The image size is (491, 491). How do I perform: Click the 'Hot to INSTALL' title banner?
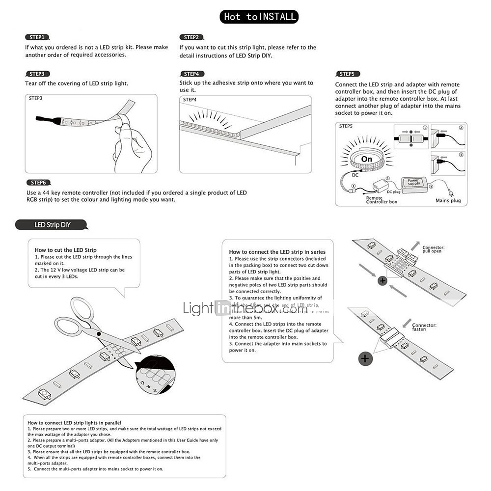coord(259,17)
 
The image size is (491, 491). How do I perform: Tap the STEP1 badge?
coord(37,37)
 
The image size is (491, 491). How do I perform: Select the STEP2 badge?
coord(191,37)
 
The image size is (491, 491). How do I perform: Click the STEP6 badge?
coord(38,183)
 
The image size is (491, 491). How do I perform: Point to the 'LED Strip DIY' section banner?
coord(52,225)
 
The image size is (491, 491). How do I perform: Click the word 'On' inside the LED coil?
coord(367,159)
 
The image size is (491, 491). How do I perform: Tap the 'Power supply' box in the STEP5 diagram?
coord(414,182)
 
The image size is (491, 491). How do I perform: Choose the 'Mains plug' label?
coord(448,200)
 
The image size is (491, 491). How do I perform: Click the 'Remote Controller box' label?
coord(382,200)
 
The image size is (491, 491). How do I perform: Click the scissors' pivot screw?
coord(99,334)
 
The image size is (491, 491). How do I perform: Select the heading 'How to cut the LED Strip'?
coord(65,250)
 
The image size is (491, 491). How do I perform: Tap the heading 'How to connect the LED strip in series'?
coord(277,252)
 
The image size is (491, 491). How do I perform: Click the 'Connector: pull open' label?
coord(434,250)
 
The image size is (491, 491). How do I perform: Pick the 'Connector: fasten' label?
coord(424,327)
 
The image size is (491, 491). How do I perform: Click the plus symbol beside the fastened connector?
coord(365,358)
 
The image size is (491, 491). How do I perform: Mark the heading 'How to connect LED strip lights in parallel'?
coord(74,422)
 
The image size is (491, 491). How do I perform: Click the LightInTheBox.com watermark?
coord(245,308)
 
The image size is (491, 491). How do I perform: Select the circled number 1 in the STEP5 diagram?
coord(425,128)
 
